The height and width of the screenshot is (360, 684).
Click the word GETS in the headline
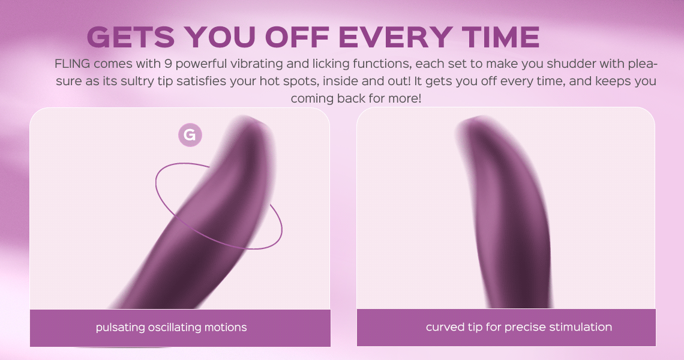tap(131, 37)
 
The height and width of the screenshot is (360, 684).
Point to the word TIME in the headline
tap(501, 37)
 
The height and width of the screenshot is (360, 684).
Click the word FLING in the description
tap(73, 64)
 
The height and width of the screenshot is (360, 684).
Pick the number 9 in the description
tap(168, 64)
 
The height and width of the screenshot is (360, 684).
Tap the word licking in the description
tap(331, 64)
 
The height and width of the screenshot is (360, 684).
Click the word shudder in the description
tap(571, 64)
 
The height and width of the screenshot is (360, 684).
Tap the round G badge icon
tap(190, 135)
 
